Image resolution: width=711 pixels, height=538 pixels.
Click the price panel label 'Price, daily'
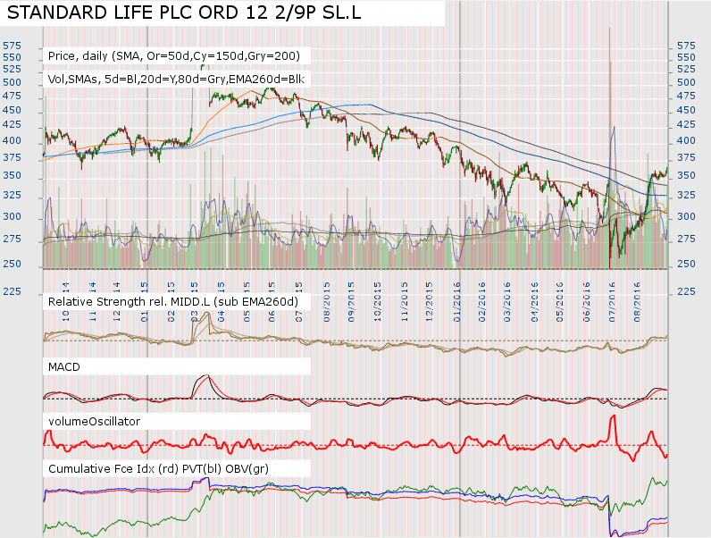coord(174,55)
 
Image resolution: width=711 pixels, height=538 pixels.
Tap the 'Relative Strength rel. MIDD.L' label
coord(172,302)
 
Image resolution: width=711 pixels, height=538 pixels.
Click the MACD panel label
coord(64,366)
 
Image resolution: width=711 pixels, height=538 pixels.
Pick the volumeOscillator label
coord(94,420)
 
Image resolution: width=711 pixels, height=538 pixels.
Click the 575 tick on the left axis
coord(12,45)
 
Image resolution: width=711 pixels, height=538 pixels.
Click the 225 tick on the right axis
coord(686,291)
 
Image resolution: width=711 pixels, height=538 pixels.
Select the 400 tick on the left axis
coord(12,141)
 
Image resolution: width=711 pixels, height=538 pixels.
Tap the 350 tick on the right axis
coord(686,174)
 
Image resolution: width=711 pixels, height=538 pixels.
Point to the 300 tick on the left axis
coord(12,217)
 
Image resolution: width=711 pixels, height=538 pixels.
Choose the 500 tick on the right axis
coord(686,81)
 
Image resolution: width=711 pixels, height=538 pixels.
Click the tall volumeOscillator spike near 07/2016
coord(613,417)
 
